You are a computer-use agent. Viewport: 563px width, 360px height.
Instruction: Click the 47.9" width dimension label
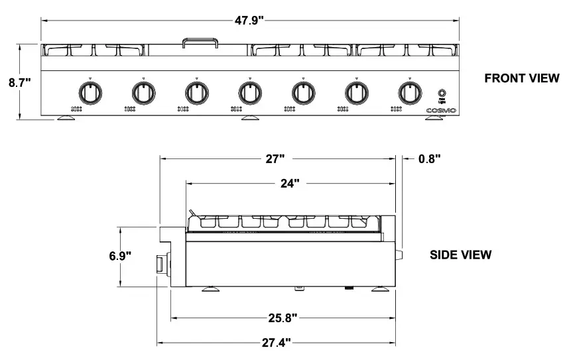coord(249,20)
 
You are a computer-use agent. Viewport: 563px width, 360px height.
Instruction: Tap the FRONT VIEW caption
coord(521,78)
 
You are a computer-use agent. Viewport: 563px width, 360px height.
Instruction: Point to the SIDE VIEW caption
coord(461,255)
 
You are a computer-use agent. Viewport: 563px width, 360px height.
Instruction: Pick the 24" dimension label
coord(289,183)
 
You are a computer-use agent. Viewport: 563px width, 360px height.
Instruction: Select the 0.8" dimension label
coord(429,158)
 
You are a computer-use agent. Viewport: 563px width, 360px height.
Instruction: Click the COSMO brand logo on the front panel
coord(441,111)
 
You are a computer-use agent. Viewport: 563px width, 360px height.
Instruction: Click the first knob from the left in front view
coord(88,91)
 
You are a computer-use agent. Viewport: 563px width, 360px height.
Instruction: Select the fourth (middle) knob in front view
coord(249,91)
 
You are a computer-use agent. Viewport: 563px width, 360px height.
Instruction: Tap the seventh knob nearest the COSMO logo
coord(410,91)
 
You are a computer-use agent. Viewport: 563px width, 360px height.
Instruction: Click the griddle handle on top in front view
coord(200,42)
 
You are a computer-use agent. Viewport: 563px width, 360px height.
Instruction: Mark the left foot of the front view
coord(67,118)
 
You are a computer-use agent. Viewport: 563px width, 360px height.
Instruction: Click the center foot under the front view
coord(250,118)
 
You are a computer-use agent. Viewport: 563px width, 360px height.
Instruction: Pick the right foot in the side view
coord(381,288)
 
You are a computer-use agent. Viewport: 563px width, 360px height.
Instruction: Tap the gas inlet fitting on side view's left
coord(162,264)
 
